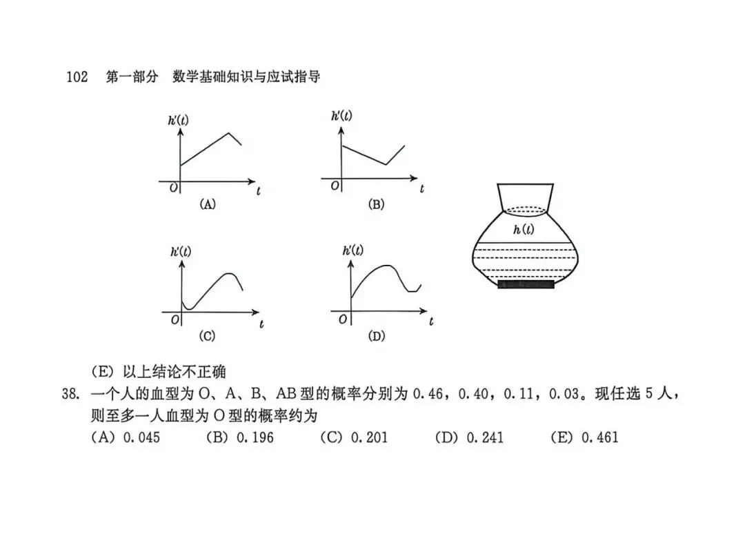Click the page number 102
pos(77,77)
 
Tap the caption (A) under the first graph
pos(208,204)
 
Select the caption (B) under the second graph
pos(377,204)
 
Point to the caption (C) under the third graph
pos(207,336)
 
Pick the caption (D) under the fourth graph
pos(377,336)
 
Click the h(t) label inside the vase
pos(524,230)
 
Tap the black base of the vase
pos(526,284)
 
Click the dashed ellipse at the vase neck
pos(526,211)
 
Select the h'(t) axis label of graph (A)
pos(178,120)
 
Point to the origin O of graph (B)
pos(335,186)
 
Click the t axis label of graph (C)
pos(261,324)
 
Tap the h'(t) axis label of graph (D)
pos(353,250)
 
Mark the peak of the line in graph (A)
pos(229,133)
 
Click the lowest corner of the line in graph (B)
pos(386,164)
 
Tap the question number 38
pos(70,394)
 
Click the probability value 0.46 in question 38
pos(428,394)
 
